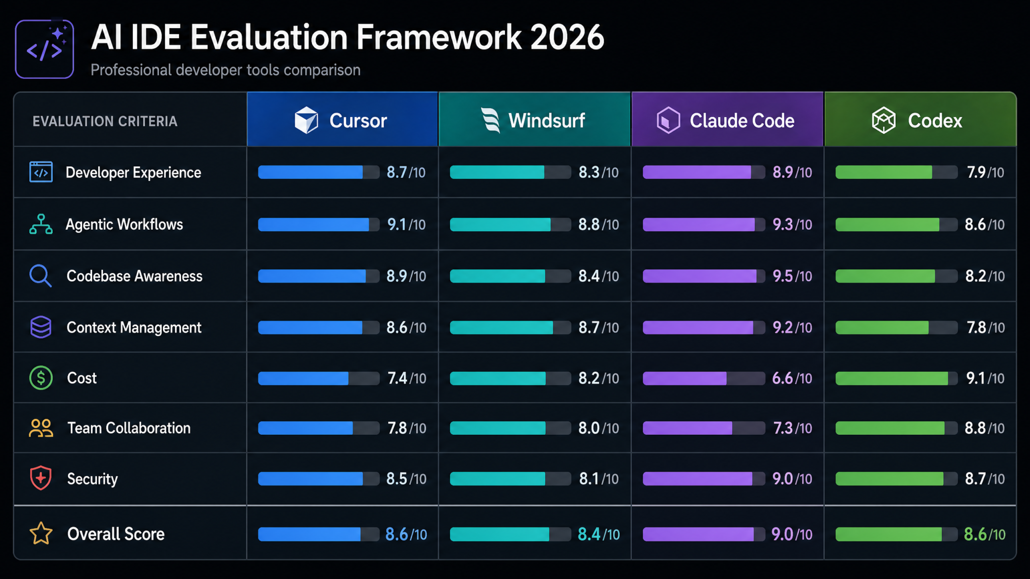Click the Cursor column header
(342, 119)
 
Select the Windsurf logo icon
(490, 121)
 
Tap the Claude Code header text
(742, 121)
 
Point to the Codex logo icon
(884, 121)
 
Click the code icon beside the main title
(45, 49)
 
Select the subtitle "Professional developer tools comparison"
(225, 70)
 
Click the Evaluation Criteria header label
(105, 121)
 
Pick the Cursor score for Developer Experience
(406, 172)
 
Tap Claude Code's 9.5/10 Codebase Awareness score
(792, 276)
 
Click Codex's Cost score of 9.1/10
(985, 378)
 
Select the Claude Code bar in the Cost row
(704, 378)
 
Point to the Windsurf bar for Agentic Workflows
(510, 225)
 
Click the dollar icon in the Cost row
(41, 378)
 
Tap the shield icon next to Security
(41, 478)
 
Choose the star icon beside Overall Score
(41, 534)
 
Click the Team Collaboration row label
(129, 428)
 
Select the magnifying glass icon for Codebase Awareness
(40, 276)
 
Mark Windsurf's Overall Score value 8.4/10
(598, 534)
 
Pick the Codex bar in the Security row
(896, 479)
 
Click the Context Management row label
(134, 328)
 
